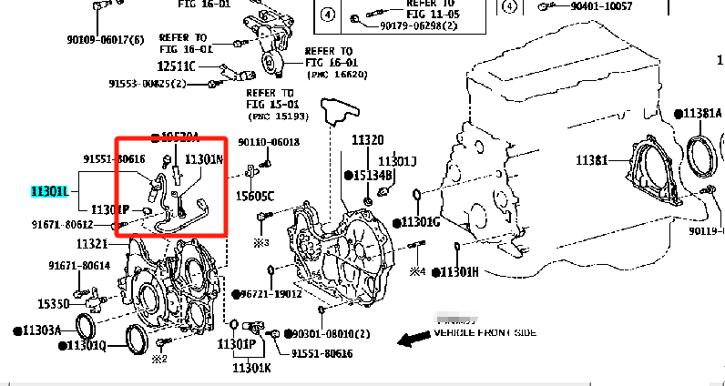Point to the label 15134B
[373, 175]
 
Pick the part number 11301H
[460, 272]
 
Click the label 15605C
[256, 196]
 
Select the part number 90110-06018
[270, 142]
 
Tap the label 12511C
[177, 66]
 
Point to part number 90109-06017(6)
[105, 40]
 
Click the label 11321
[92, 244]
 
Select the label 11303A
[41, 330]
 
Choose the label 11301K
[251, 368]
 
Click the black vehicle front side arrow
[413, 340]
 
